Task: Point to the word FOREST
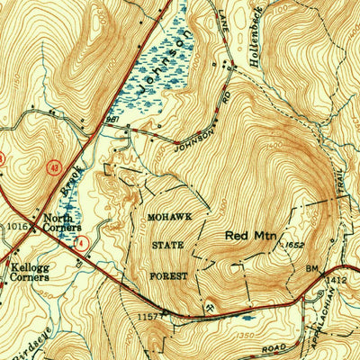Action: point(171,276)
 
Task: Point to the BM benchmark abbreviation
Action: point(311,268)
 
